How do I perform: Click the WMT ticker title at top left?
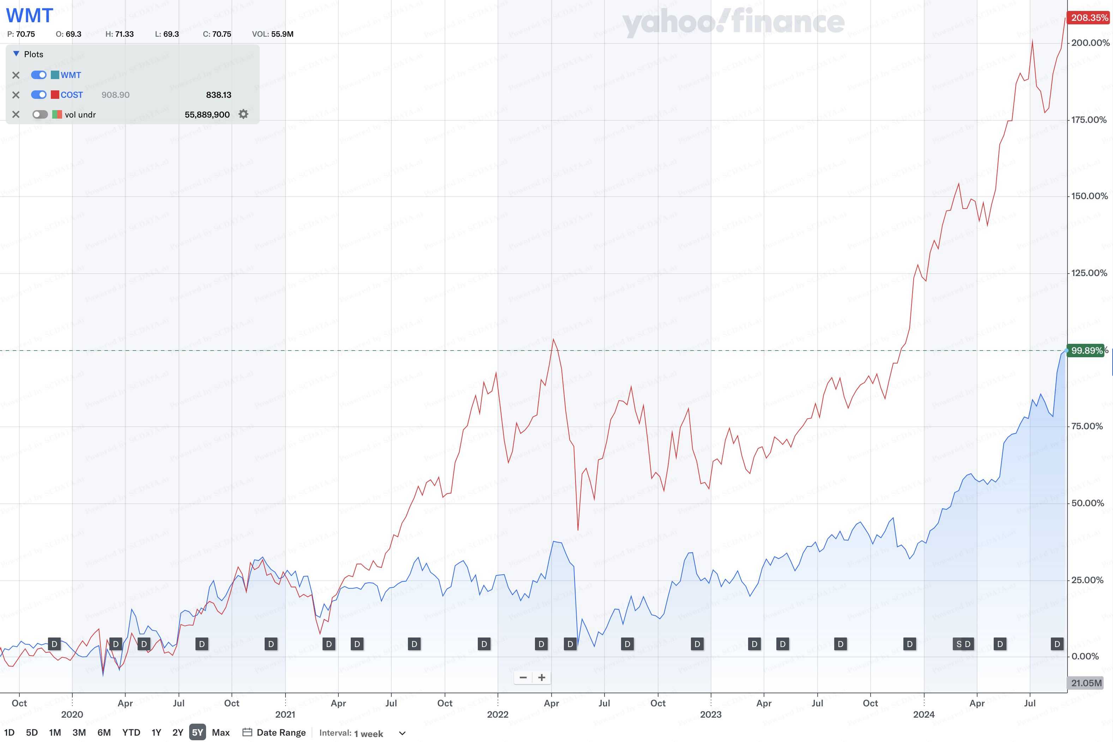point(29,16)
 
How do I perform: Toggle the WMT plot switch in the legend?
point(39,75)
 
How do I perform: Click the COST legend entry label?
point(71,95)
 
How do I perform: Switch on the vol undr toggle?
point(40,114)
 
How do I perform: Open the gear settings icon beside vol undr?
point(243,114)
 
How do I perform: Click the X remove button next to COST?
point(16,95)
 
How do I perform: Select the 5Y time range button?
point(197,732)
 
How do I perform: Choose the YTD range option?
point(131,732)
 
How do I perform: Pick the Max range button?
point(221,732)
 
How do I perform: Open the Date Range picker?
point(274,732)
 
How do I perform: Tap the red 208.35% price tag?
point(1089,18)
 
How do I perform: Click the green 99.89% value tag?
point(1087,351)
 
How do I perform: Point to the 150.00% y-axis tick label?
point(1089,196)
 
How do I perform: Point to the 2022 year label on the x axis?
point(498,714)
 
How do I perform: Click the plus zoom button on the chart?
point(542,677)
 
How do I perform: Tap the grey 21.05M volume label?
point(1086,683)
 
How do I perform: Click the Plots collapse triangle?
point(16,54)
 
